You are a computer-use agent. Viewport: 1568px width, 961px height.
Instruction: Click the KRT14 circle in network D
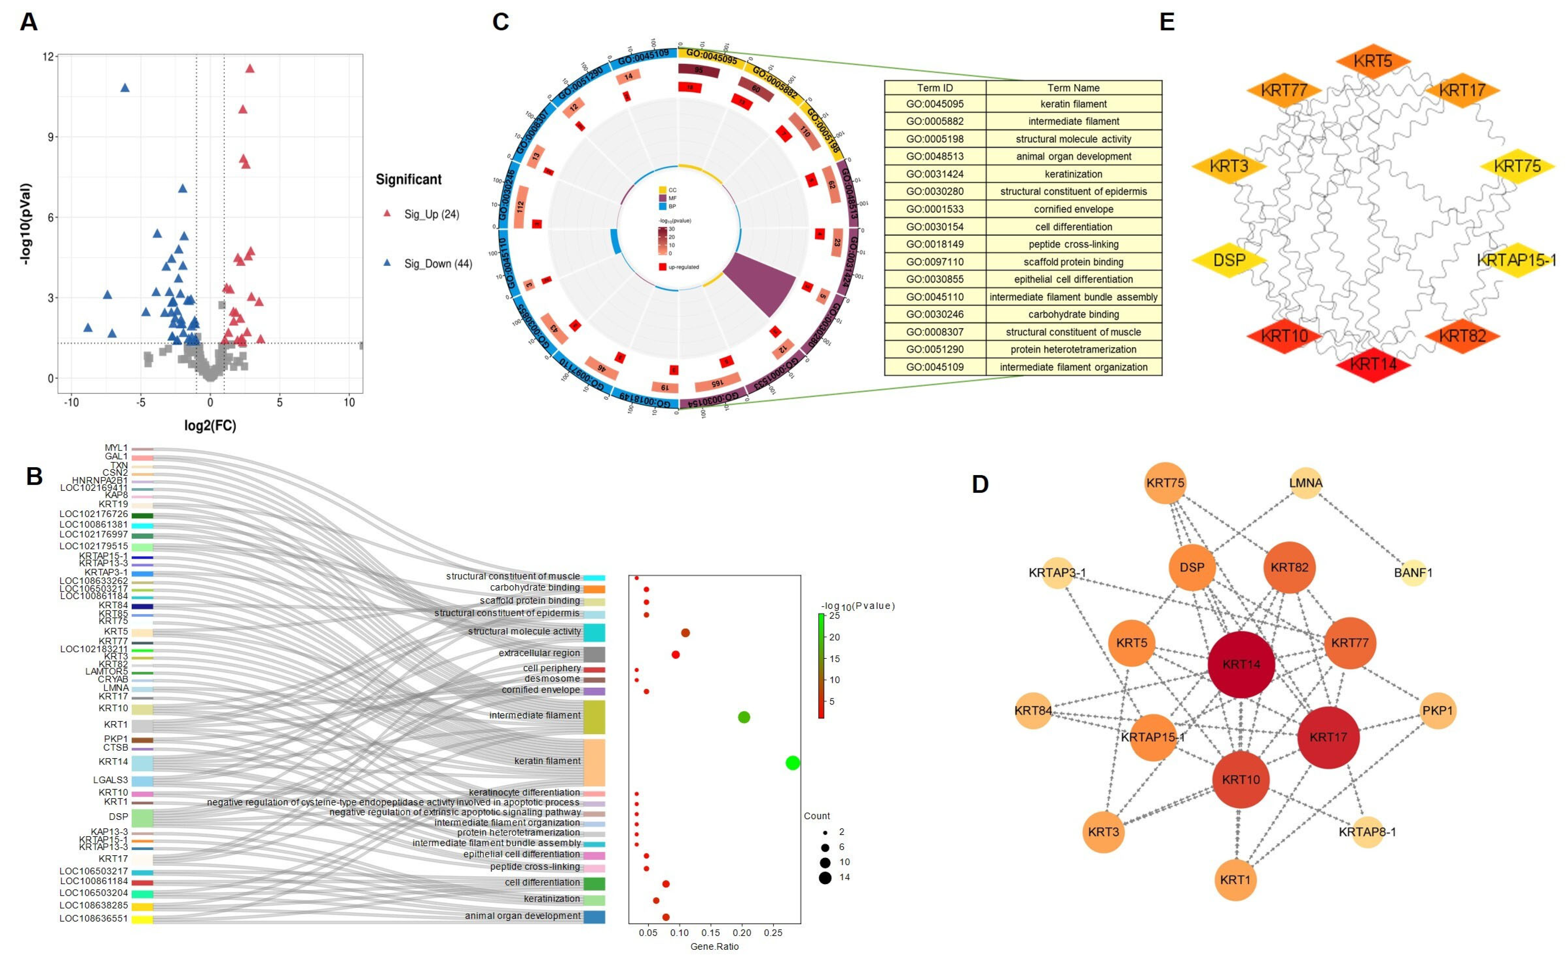1241,664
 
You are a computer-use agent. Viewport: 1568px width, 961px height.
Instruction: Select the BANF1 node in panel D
1413,573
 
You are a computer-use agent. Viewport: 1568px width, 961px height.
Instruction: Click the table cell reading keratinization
1073,174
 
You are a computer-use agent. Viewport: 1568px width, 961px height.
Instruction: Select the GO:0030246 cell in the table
934,314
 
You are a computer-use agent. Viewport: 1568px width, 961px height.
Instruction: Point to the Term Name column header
1073,88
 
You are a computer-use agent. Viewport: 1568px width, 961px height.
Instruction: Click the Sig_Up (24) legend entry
431,214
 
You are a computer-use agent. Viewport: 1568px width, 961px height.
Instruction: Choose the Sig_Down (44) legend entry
437,264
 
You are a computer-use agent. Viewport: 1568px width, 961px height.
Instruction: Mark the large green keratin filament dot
792,762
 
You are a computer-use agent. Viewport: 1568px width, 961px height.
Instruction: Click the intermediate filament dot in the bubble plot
743,717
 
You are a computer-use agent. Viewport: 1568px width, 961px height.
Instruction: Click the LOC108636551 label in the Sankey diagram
93,918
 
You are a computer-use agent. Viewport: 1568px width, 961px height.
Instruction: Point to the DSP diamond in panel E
1228,260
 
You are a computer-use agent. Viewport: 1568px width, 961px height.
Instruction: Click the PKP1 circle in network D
1437,710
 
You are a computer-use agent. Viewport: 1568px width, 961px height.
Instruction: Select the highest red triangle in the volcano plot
249,69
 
